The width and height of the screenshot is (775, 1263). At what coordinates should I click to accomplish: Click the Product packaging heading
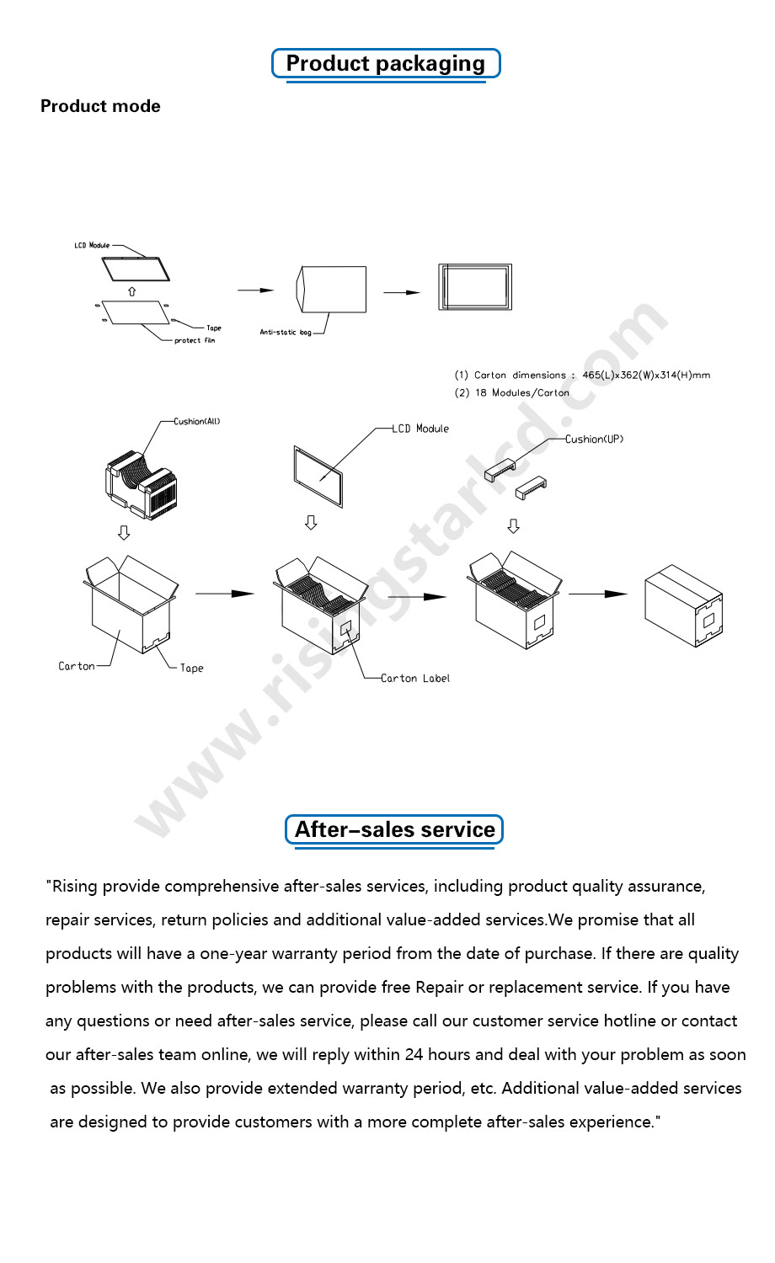(x=386, y=64)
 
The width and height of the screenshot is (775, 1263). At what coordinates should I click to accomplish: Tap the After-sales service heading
(x=394, y=829)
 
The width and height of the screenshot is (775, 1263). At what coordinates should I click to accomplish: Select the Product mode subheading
(x=100, y=106)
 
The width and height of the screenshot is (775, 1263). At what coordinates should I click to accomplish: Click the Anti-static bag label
(x=285, y=333)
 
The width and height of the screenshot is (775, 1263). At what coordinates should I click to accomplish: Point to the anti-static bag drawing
(x=334, y=290)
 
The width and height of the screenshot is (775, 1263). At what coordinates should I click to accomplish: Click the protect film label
(x=195, y=341)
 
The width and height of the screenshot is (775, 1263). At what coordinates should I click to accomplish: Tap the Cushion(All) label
(x=196, y=421)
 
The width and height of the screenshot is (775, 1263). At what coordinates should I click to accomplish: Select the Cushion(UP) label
(x=594, y=439)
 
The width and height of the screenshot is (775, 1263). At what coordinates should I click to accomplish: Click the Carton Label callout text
(x=414, y=678)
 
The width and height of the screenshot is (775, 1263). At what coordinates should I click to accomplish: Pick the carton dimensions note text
(x=582, y=375)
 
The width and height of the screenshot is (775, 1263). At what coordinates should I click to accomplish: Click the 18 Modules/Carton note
(x=512, y=392)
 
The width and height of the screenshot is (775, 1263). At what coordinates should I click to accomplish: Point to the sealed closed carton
(x=683, y=606)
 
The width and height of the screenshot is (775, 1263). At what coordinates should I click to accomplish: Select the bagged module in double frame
(x=475, y=287)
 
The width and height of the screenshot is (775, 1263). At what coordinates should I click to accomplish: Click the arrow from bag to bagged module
(x=402, y=292)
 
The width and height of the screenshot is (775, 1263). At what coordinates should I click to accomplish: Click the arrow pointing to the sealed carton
(x=598, y=594)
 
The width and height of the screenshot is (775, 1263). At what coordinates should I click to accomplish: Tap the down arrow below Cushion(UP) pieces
(x=513, y=526)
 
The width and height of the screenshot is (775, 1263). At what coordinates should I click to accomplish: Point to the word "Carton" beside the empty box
(x=77, y=666)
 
